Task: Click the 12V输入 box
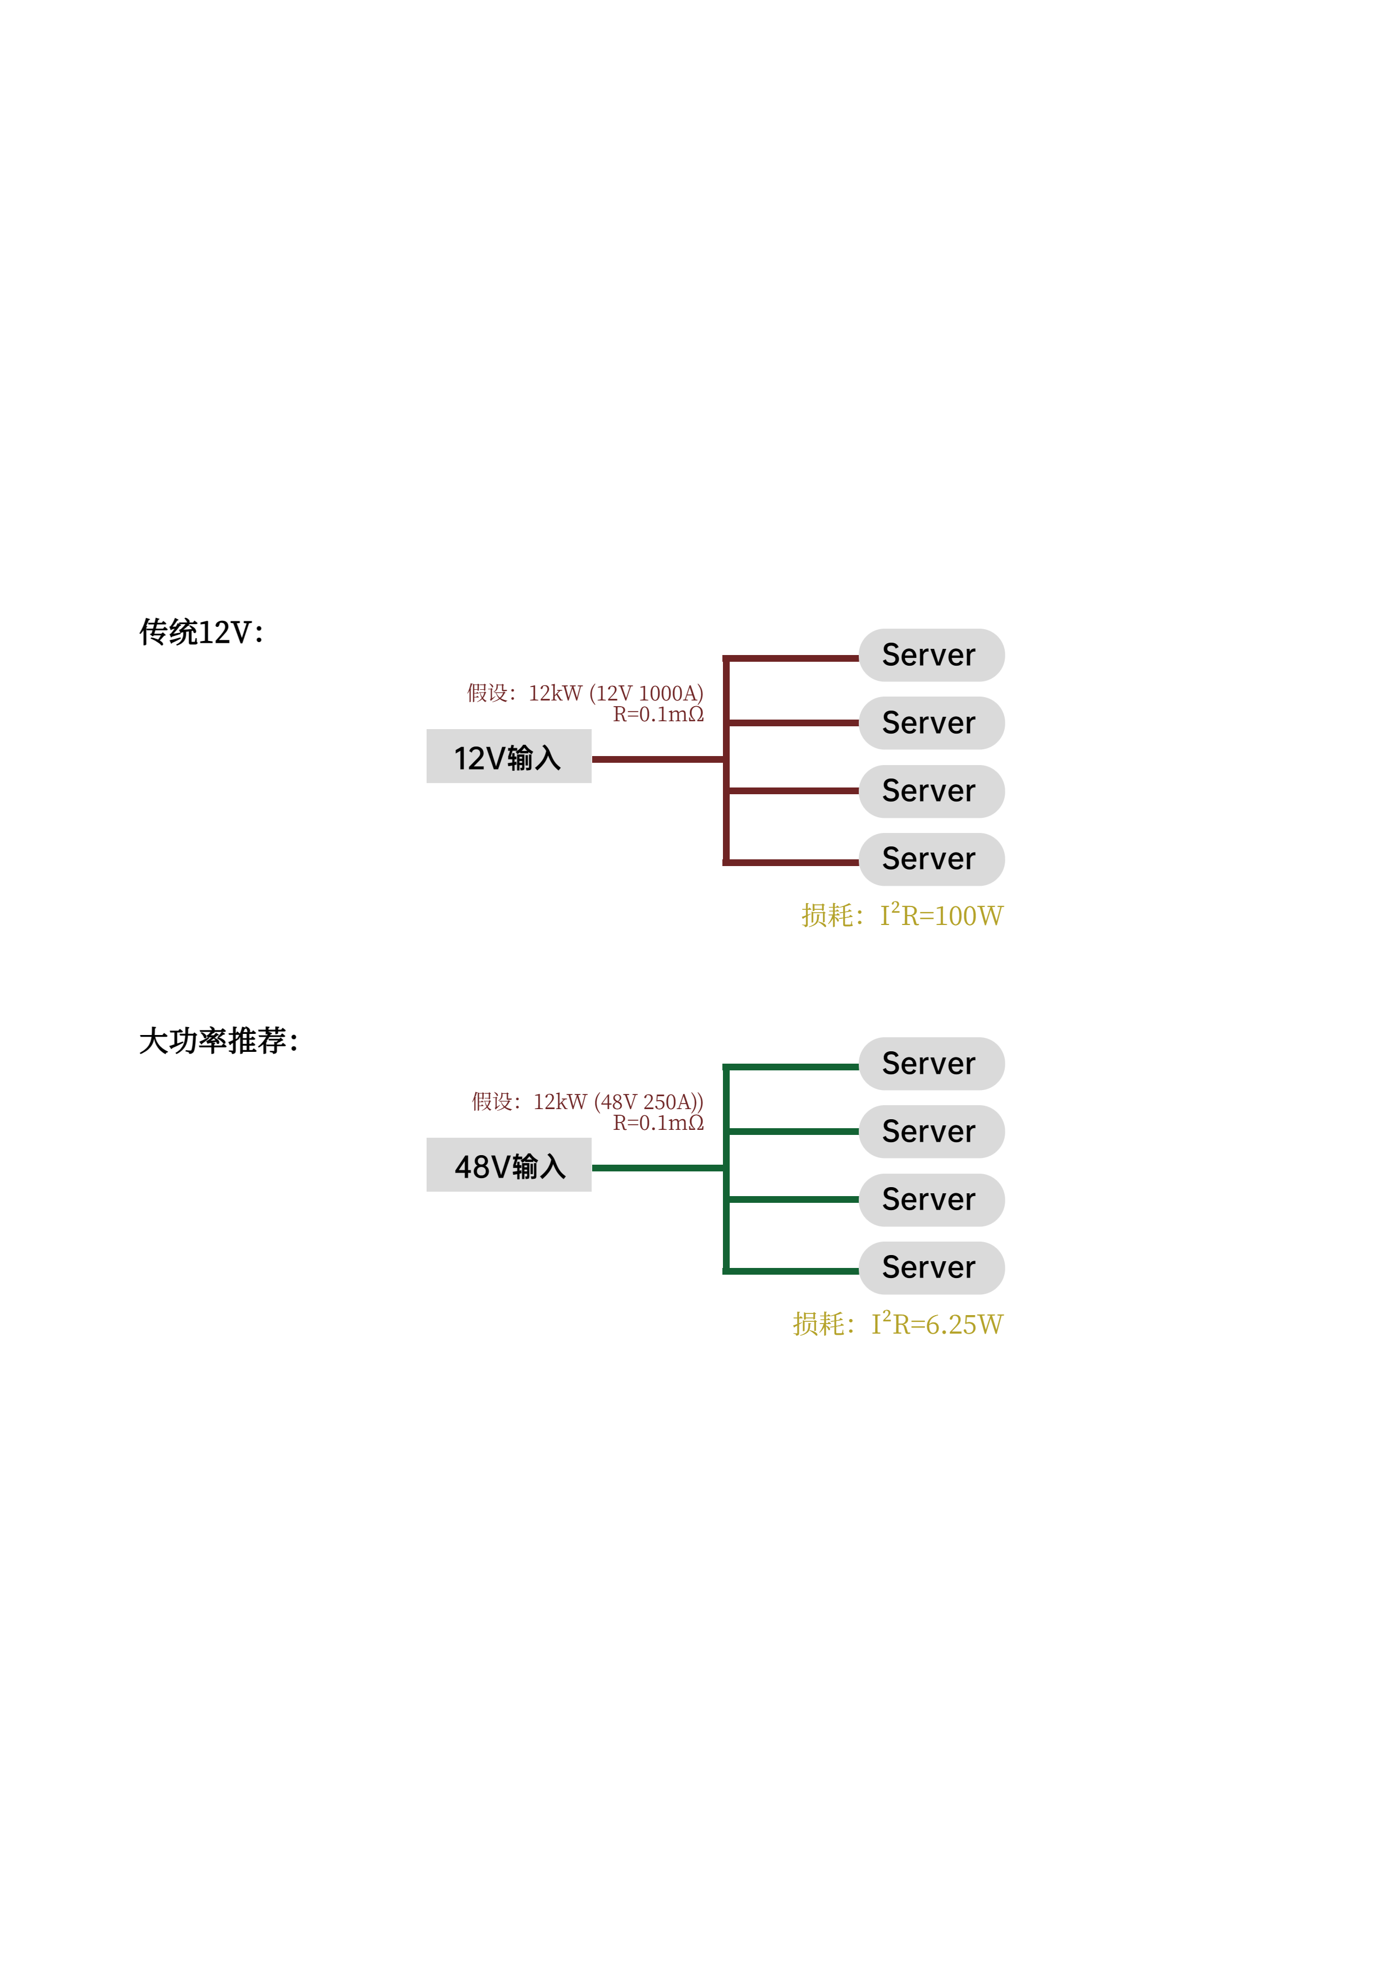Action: click(509, 757)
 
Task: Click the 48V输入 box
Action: click(509, 1165)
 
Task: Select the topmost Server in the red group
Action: click(931, 655)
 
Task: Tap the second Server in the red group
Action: click(931, 723)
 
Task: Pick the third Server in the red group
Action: click(931, 791)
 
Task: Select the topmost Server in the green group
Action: click(931, 1064)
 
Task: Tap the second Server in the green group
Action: click(931, 1131)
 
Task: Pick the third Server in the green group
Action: click(931, 1199)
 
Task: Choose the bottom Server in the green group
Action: click(931, 1267)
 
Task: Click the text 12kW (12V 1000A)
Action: click(615, 693)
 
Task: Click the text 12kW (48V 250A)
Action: click(617, 1101)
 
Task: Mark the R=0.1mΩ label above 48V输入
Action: click(658, 1123)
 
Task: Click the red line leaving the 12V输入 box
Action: click(657, 759)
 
